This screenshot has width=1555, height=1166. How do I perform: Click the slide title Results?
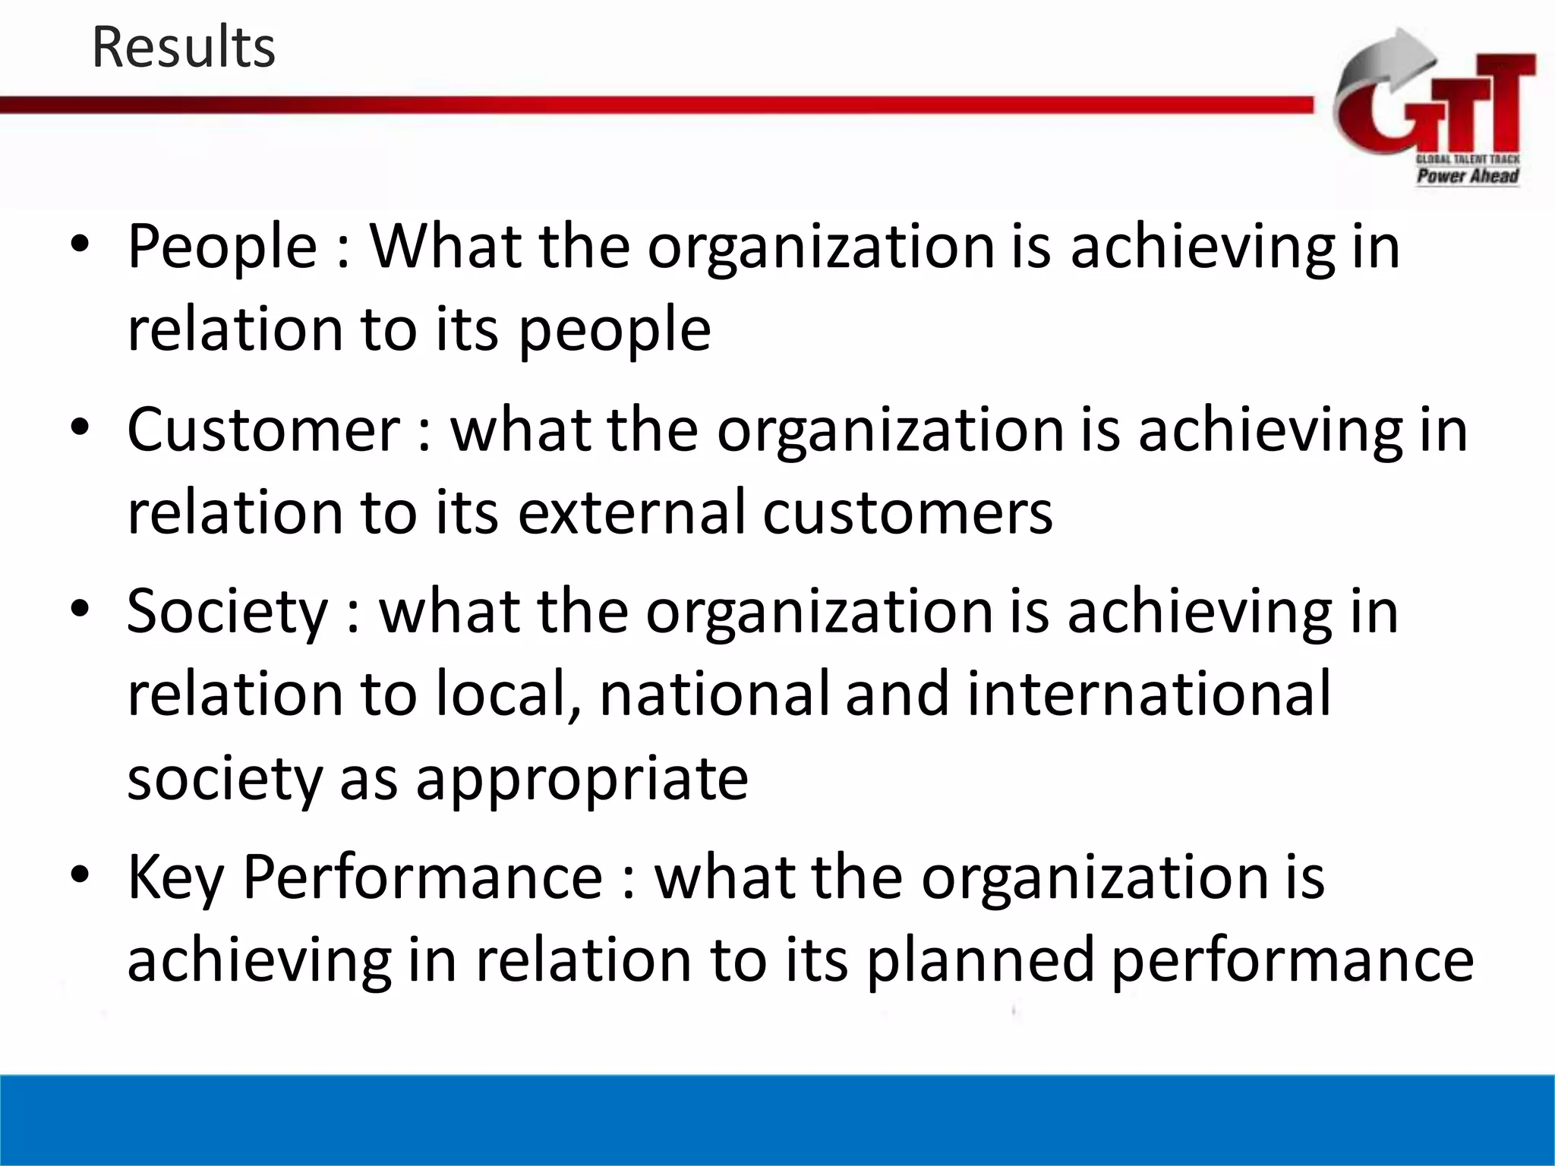coord(183,48)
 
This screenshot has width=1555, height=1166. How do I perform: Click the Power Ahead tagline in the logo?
coord(1467,176)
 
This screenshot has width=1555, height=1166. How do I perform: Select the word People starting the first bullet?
coord(222,247)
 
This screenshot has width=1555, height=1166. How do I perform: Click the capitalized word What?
coord(446,246)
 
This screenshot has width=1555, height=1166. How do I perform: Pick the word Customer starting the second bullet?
coord(263,430)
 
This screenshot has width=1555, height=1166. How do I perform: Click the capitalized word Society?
coord(227,612)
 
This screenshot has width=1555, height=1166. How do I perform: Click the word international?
coord(1149,694)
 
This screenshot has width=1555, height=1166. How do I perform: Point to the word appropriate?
coord(582,779)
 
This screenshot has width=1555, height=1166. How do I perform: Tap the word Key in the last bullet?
coord(175,878)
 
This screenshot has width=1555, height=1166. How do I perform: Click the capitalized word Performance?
coord(422,878)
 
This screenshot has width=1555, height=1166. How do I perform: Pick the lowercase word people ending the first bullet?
coord(615,331)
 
